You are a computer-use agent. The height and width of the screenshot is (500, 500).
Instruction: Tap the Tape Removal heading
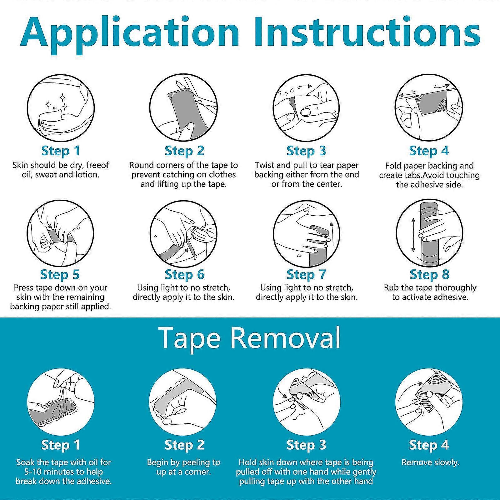click(250, 338)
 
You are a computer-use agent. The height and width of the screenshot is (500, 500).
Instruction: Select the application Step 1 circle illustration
click(61, 108)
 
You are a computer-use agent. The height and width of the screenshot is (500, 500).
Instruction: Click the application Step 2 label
click(184, 151)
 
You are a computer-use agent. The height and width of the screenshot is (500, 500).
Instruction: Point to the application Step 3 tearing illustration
click(306, 108)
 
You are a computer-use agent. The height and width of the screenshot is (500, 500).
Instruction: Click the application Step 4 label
click(429, 151)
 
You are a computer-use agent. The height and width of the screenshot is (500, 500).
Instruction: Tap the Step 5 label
click(60, 274)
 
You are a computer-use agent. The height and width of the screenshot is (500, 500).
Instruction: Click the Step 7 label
click(306, 274)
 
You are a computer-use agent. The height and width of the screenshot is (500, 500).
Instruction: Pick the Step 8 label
click(429, 274)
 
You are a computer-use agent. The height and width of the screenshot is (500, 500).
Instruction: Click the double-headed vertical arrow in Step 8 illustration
click(413, 235)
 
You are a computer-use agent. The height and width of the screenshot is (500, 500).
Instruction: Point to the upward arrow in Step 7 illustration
click(332, 234)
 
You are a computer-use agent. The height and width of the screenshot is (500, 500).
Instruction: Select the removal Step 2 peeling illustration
click(183, 402)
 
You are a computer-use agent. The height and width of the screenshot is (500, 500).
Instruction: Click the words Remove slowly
click(430, 462)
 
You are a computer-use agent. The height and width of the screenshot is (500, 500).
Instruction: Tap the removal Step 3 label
click(306, 445)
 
